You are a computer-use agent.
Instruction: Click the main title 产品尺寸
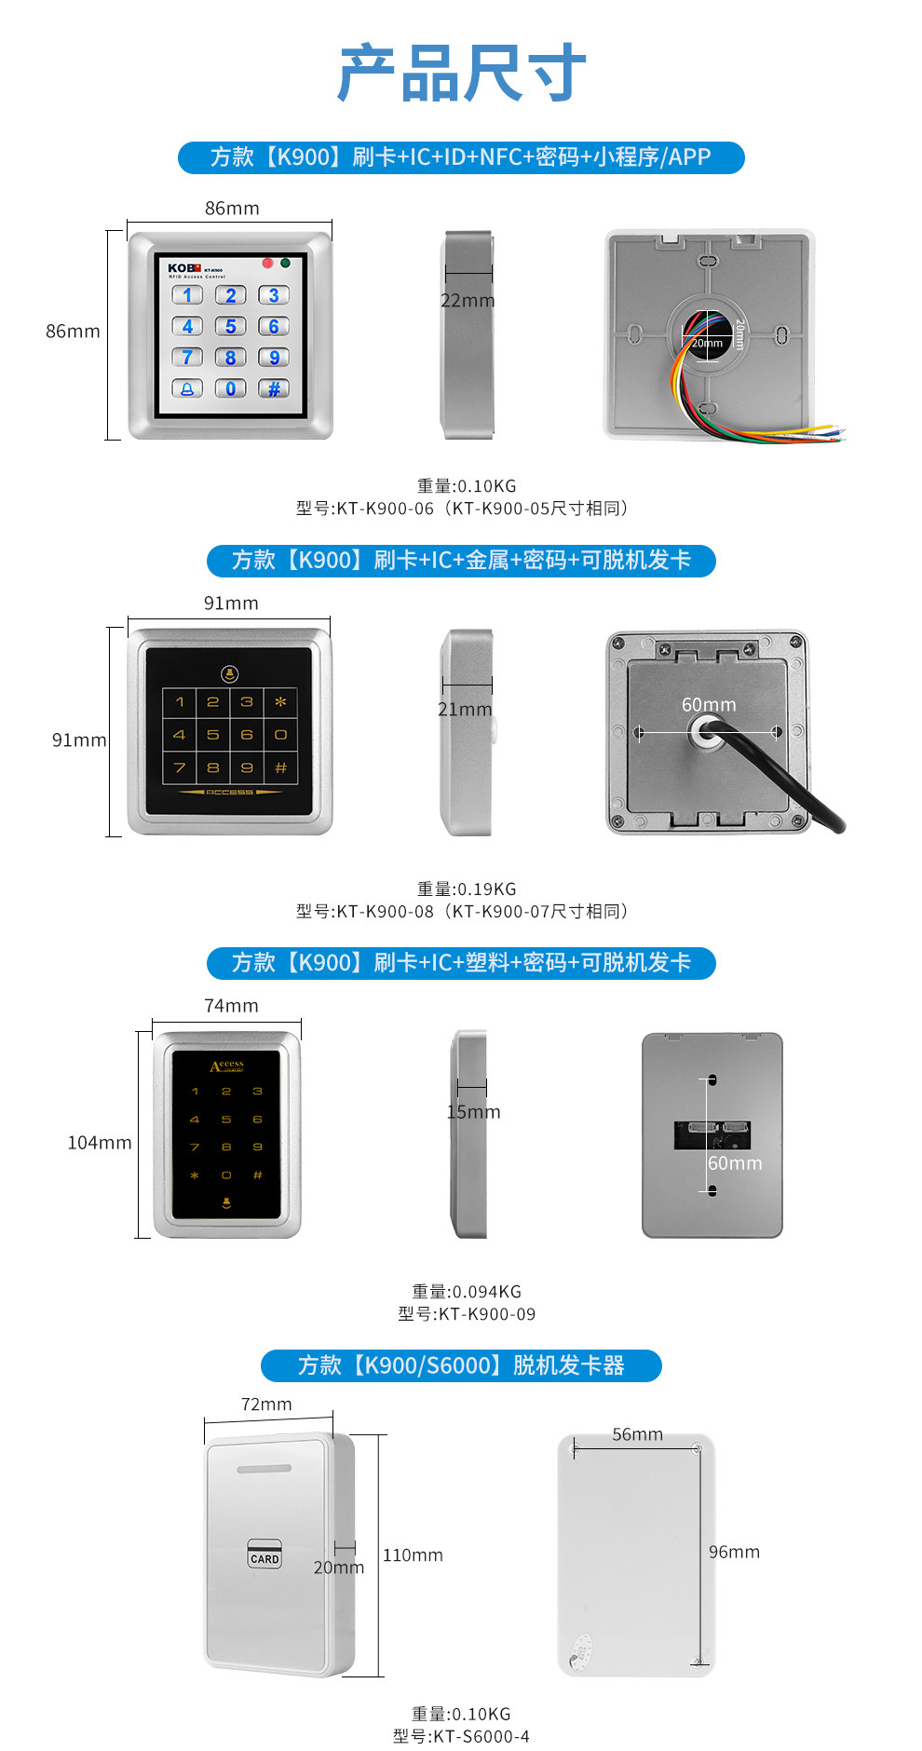click(x=462, y=73)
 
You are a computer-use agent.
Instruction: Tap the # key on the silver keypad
click(x=274, y=388)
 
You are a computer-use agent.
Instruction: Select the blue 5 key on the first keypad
click(x=231, y=326)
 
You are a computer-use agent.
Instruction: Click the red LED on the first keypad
click(x=267, y=263)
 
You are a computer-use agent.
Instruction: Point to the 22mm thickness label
click(x=468, y=301)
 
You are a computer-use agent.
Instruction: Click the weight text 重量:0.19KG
click(x=466, y=889)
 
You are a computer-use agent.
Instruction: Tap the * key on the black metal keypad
click(x=280, y=701)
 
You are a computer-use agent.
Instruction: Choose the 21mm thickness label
click(x=465, y=710)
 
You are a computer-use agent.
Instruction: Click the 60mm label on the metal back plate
click(x=709, y=705)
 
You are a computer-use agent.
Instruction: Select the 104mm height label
click(x=100, y=1143)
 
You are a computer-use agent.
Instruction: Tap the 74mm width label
click(x=231, y=1006)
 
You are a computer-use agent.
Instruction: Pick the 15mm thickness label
click(x=473, y=1112)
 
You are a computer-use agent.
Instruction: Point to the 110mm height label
click(x=413, y=1555)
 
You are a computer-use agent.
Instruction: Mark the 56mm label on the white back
click(x=637, y=1434)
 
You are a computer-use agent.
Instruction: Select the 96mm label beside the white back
click(x=734, y=1552)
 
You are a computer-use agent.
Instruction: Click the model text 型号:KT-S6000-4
click(x=461, y=1736)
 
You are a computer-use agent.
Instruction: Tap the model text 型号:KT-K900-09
click(x=466, y=1314)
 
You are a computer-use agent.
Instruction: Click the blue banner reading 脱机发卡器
click(x=461, y=1365)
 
